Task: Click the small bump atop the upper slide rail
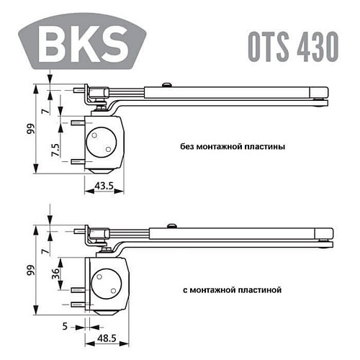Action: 165,86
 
